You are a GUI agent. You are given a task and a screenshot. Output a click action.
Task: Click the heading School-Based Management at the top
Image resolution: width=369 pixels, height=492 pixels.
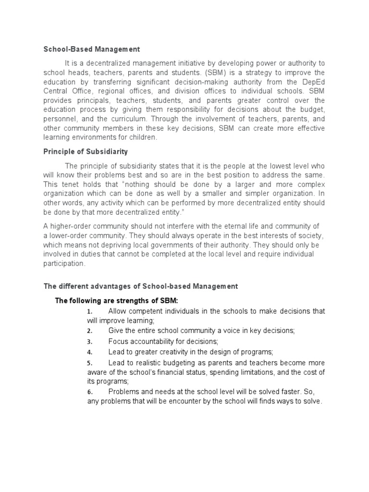(x=92, y=49)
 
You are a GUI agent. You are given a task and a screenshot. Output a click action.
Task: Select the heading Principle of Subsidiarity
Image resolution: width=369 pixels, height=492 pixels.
(x=86, y=151)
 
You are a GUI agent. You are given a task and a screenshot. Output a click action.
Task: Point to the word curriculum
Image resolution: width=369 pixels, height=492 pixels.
(x=146, y=119)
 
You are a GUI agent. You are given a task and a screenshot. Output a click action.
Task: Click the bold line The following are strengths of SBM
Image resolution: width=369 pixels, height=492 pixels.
(x=117, y=301)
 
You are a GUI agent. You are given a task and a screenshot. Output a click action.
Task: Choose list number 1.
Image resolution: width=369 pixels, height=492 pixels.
(x=89, y=312)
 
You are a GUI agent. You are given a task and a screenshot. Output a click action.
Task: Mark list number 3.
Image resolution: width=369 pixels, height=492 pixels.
(x=89, y=342)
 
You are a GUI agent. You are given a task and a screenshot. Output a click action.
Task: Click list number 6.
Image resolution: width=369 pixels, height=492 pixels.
(x=89, y=393)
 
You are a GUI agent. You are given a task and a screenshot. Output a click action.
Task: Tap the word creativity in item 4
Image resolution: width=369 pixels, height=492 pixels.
(x=178, y=352)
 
